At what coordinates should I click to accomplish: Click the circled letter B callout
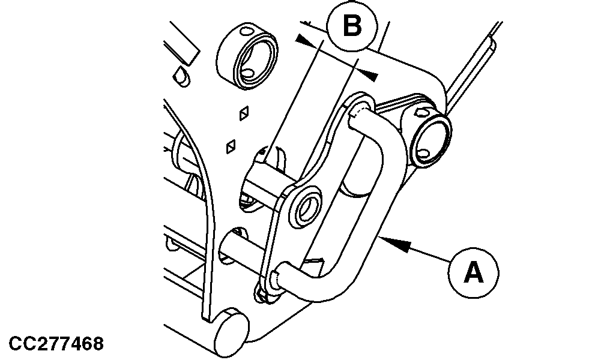tap(352, 28)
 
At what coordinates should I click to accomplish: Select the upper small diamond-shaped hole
tap(244, 113)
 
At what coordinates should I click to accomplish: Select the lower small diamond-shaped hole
tap(230, 146)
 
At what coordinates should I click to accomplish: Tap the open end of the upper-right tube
tap(431, 137)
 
